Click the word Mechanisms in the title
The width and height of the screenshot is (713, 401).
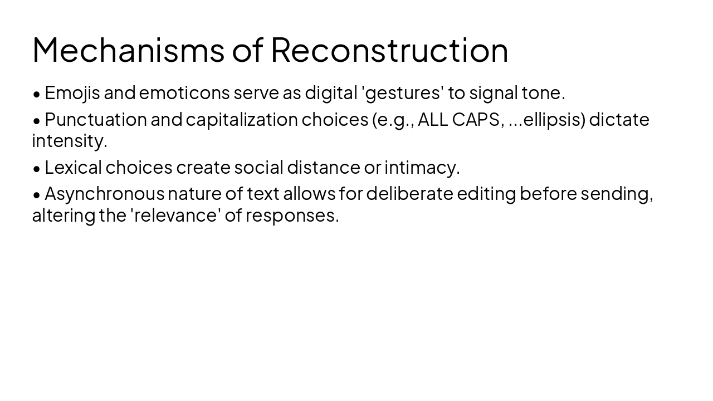click(128, 50)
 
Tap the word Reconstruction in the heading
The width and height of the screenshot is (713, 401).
click(389, 50)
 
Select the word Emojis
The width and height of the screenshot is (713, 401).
click(72, 93)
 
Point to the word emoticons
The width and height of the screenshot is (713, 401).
click(184, 93)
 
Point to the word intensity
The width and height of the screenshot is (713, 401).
click(69, 141)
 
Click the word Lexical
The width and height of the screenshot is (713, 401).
click(73, 167)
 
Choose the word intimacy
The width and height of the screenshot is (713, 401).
click(422, 167)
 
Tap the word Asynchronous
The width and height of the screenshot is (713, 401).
click(105, 193)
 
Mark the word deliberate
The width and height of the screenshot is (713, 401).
click(409, 193)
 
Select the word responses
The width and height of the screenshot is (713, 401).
click(292, 216)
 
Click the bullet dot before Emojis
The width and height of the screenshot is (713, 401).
click(37, 94)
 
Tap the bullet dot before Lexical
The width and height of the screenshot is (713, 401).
click(37, 168)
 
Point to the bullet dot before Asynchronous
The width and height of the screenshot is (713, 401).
click(37, 194)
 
